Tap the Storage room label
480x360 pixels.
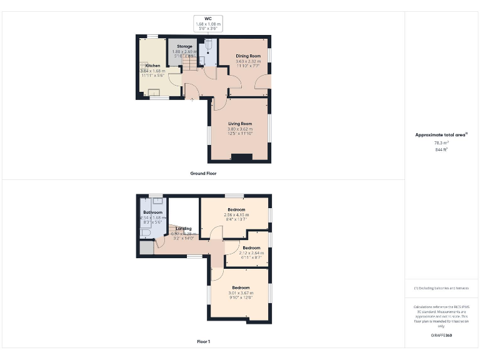[184, 46]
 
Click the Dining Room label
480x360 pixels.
[248, 56]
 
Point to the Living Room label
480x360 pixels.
[239, 123]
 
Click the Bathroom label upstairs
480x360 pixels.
[153, 212]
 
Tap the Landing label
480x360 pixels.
[184, 229]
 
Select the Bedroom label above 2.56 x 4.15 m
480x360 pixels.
[236, 209]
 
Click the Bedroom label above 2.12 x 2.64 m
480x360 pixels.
[251, 247]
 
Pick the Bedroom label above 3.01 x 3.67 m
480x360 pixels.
[241, 287]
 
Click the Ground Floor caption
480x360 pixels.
[203, 172]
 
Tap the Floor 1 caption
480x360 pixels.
[203, 342]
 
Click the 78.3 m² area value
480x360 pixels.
[442, 143]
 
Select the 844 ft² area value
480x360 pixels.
[442, 150]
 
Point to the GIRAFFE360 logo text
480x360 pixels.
[441, 336]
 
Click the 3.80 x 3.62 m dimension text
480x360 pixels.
[239, 129]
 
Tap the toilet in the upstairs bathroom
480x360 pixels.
[144, 232]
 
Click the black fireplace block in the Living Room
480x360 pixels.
[241, 157]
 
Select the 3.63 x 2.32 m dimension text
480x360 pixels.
[248, 61]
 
